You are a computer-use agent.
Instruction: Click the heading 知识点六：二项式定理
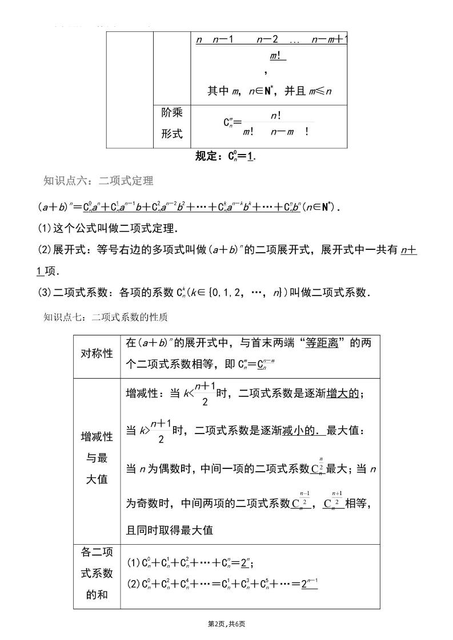(98, 181)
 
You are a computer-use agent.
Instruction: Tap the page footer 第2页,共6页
(227, 625)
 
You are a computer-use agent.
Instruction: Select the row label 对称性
(97, 353)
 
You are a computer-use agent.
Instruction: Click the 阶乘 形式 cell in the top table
(171, 123)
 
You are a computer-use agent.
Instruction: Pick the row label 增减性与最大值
(97, 459)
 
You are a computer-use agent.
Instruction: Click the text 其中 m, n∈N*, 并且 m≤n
(269, 91)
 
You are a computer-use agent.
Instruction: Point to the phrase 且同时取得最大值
(169, 530)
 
